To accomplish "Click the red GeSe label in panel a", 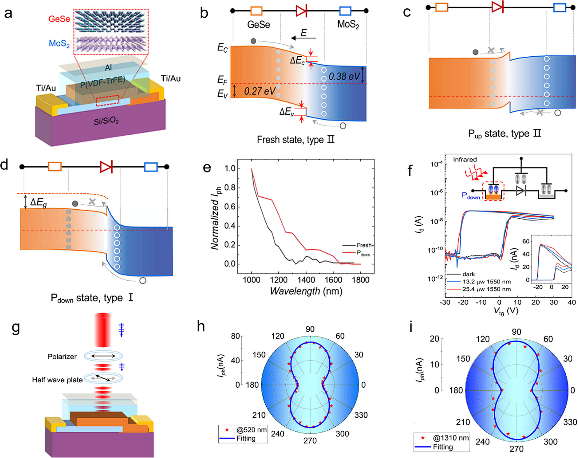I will coord(59,19).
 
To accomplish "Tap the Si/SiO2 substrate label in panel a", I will coord(106,121).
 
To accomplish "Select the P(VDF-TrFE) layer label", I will coord(103,82).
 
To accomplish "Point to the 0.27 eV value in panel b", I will coord(260,91).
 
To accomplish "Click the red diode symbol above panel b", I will coord(302,11).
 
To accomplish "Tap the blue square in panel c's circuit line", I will coord(559,8).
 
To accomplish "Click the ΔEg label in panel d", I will coord(38,202).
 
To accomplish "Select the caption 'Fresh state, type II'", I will coord(296,139).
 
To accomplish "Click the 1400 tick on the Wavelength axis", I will coord(306,280).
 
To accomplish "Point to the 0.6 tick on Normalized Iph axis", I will coord(230,207).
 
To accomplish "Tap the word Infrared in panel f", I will coord(465,159).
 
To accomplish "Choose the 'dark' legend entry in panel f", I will coord(468,274).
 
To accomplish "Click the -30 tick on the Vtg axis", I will coord(445,302).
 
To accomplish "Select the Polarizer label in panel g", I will coord(62,357).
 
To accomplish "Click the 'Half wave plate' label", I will coord(57,380).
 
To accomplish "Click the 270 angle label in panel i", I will coord(516,449).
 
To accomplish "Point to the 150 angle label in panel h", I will coord(259,355).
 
